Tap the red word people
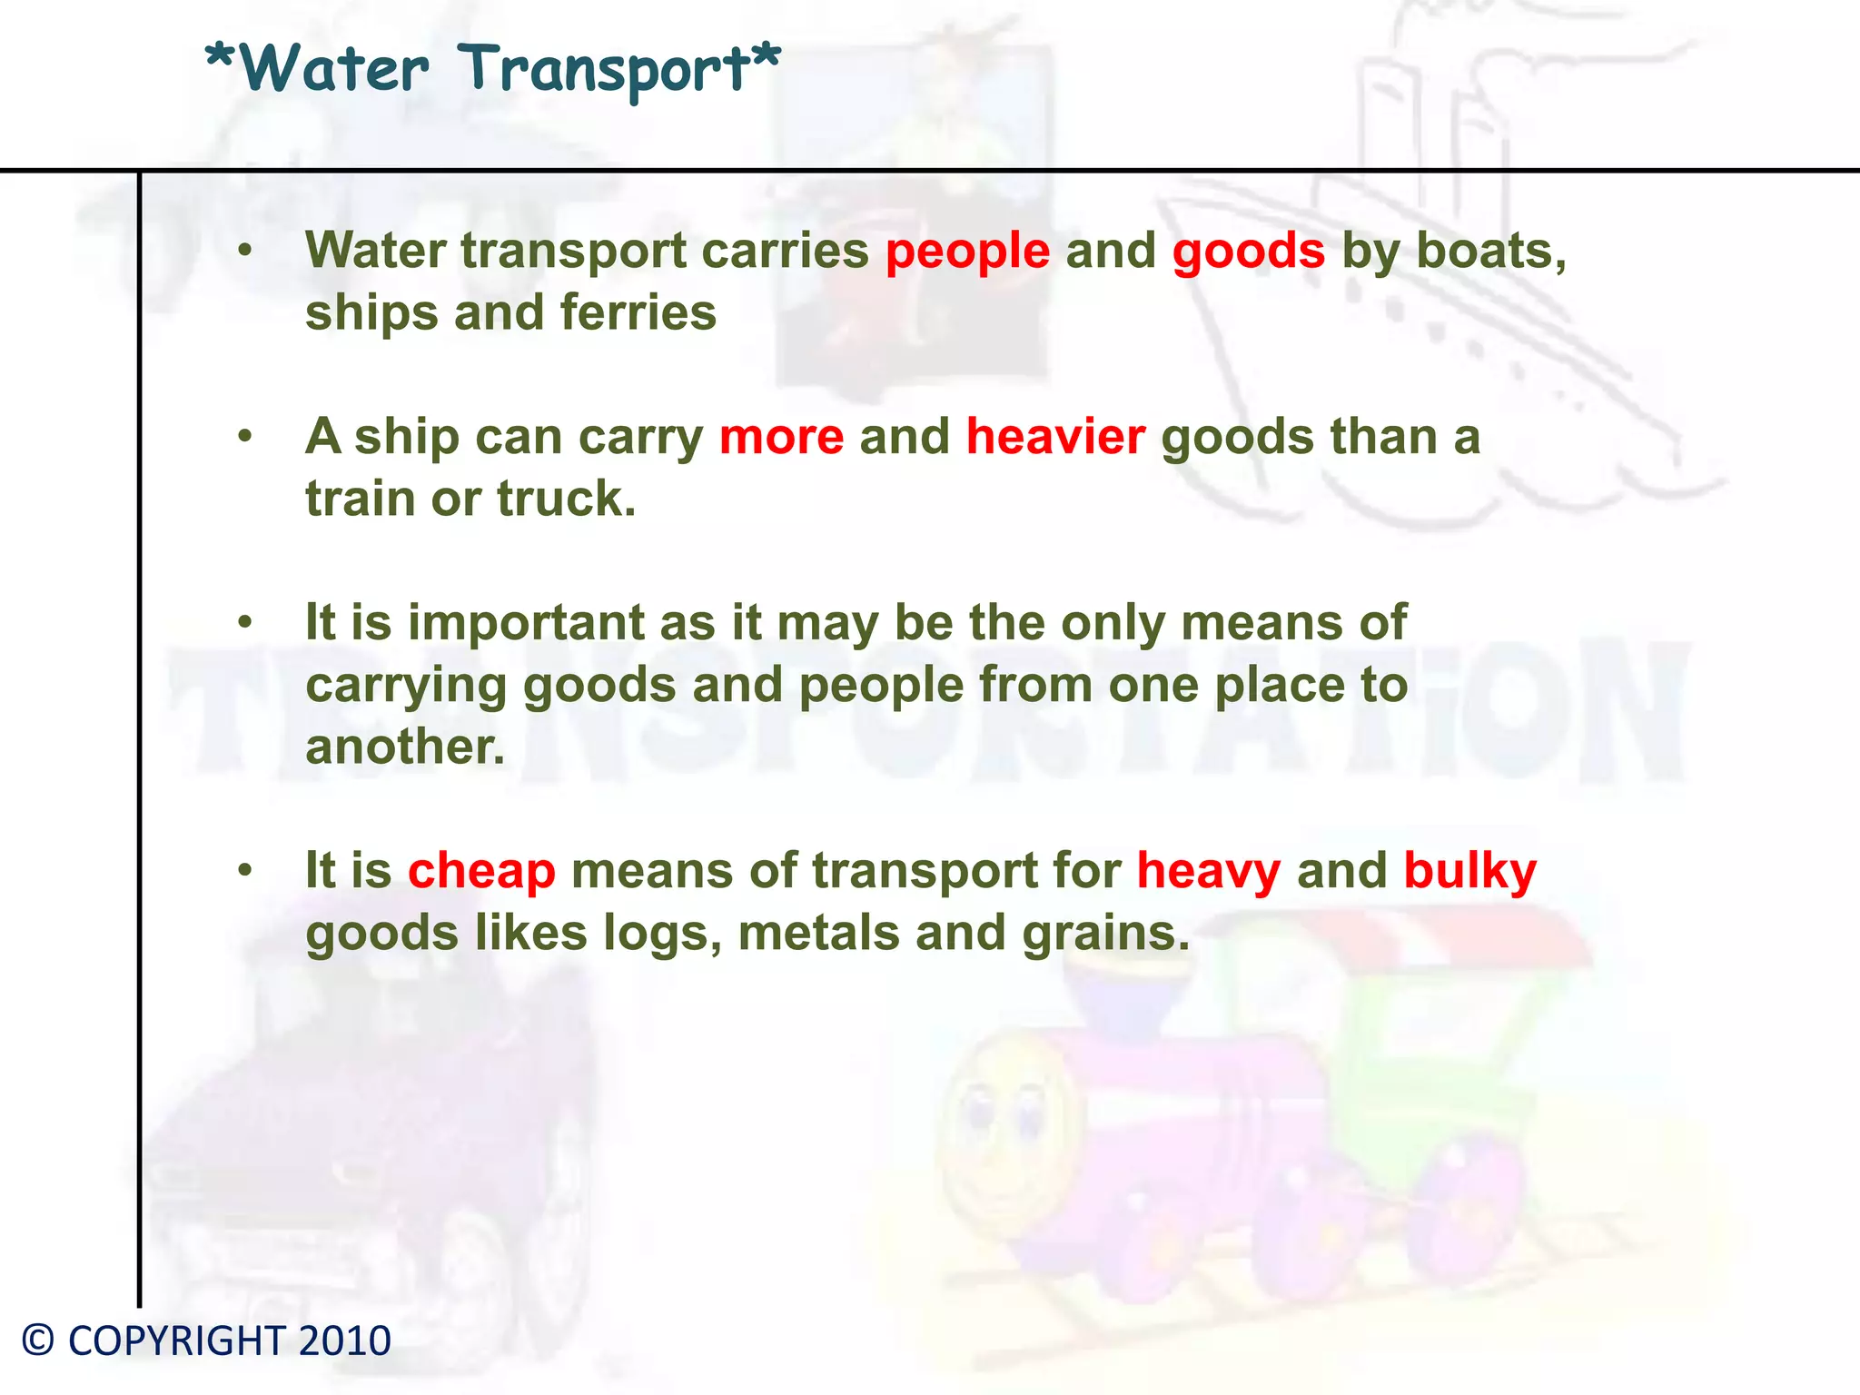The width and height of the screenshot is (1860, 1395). pos(967,252)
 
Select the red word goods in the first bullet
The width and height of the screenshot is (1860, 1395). pos(1248,252)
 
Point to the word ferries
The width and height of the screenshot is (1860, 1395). pos(638,312)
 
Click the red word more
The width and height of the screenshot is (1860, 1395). pos(781,437)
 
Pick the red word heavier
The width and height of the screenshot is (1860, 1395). pos(1055,437)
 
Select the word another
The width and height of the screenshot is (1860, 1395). pos(404,747)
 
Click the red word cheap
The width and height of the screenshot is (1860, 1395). pos(481,871)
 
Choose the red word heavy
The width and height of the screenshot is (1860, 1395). pos(1208,872)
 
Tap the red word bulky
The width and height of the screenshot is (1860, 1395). pos(1469,871)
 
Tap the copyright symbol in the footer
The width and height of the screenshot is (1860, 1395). pos(38,1341)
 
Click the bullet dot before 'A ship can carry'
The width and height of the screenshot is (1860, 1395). pos(244,437)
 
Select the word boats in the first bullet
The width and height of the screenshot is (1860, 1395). pos(1490,252)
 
